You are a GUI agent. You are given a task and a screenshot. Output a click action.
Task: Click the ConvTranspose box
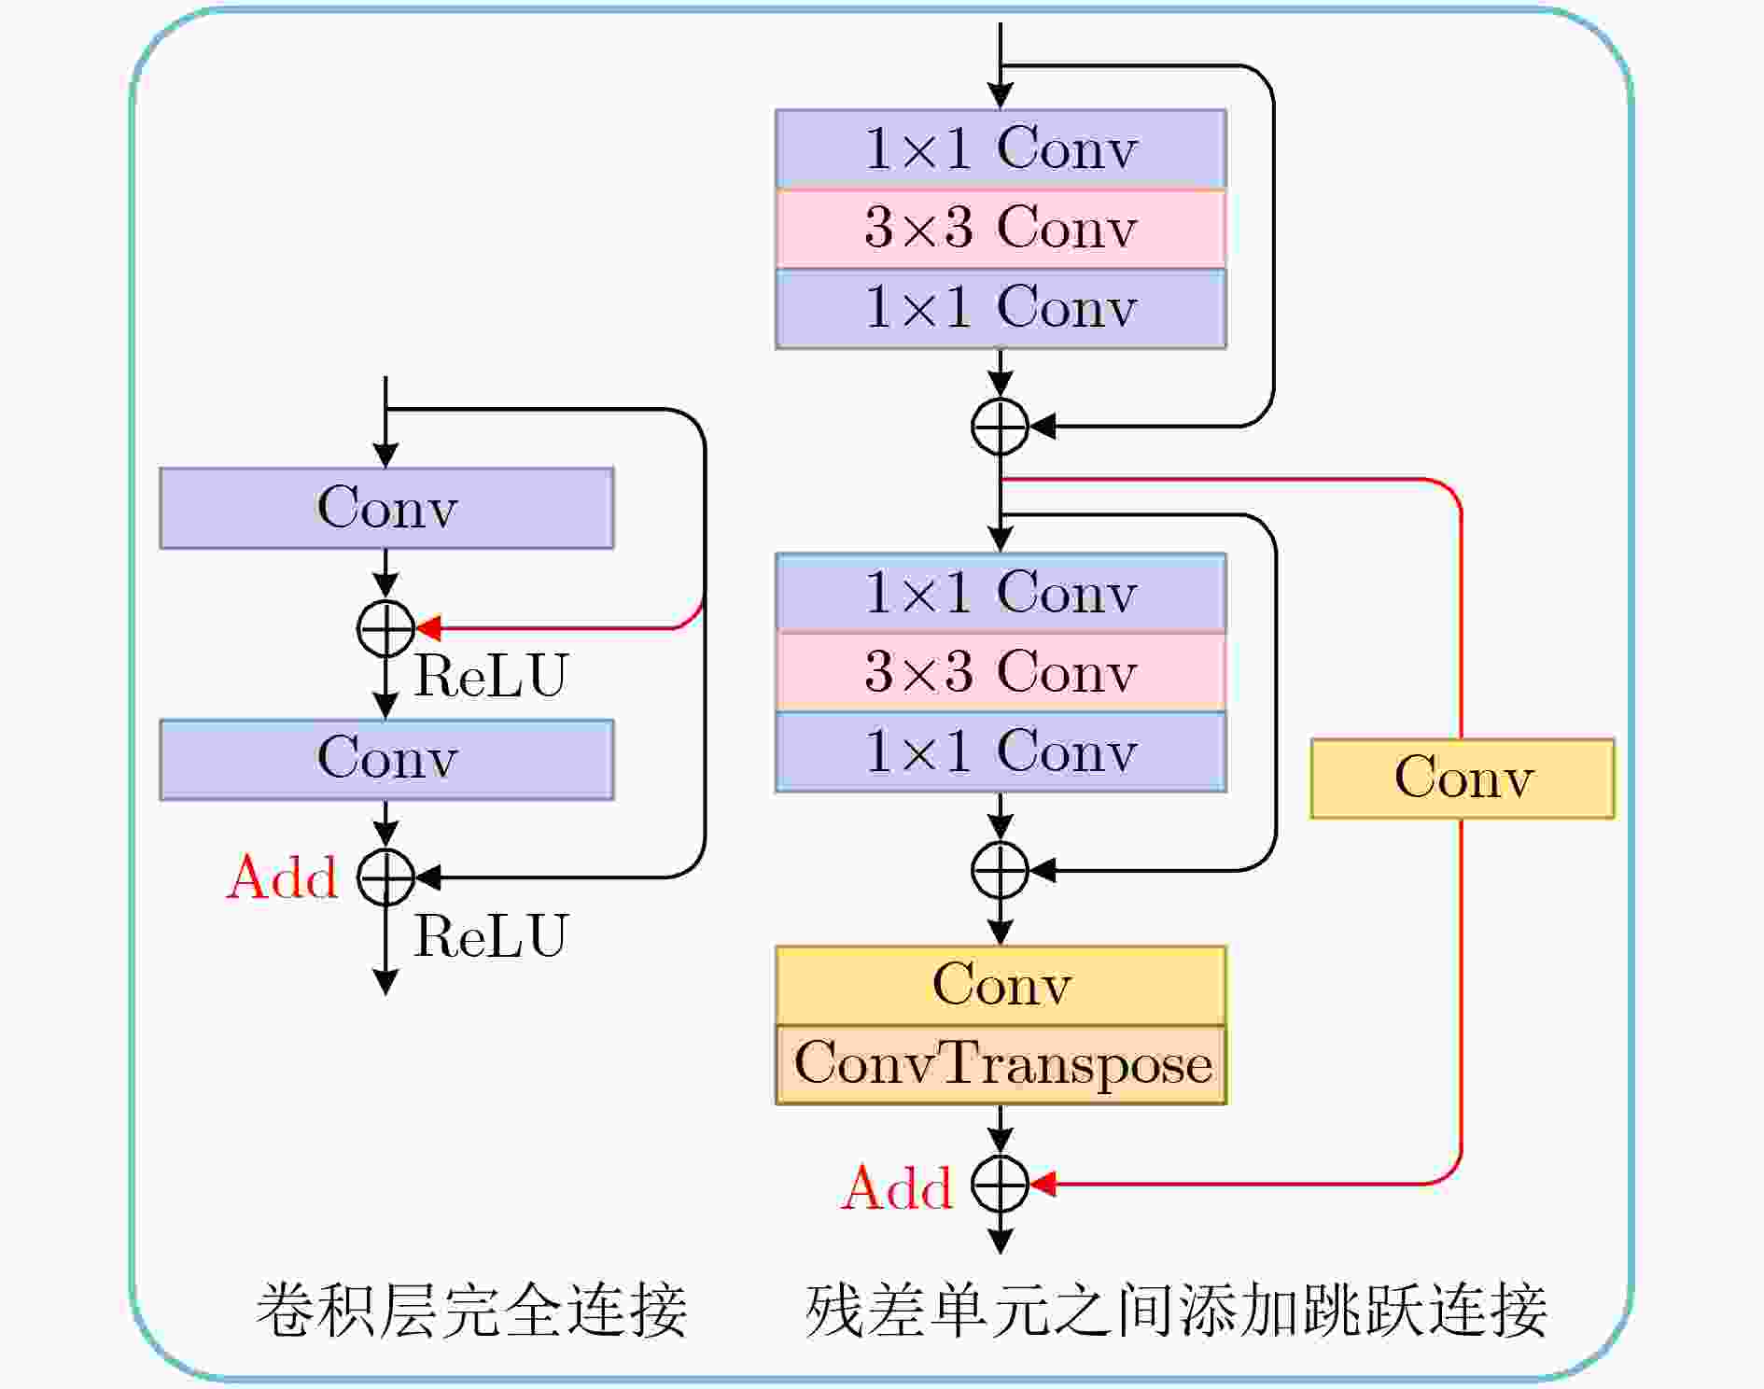[1001, 1065]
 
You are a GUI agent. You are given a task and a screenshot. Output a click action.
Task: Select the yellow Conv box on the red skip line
[1463, 779]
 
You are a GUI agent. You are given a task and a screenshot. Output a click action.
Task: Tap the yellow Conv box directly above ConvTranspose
[1001, 986]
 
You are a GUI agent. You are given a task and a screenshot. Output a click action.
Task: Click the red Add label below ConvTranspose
[897, 1187]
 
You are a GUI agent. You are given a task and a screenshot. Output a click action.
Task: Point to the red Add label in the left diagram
[282, 877]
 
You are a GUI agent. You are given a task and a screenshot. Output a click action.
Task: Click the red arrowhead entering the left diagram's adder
[428, 628]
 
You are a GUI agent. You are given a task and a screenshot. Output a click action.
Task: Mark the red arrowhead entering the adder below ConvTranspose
[1043, 1184]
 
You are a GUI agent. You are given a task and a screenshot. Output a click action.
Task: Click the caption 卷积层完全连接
[472, 1311]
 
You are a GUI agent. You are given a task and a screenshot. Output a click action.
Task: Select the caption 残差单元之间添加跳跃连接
[1176, 1311]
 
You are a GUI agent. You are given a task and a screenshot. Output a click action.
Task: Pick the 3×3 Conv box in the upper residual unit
[1001, 229]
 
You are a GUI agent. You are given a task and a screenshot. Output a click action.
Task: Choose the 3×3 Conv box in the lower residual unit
[1001, 672]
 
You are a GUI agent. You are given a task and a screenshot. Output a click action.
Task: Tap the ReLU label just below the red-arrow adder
[491, 675]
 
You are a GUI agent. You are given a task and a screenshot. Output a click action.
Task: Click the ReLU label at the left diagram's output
[491, 935]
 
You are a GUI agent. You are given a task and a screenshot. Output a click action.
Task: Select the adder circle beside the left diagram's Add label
[385, 877]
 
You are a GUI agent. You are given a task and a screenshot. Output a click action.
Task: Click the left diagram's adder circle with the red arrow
[385, 628]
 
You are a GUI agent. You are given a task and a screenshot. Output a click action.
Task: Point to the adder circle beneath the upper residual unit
[1001, 427]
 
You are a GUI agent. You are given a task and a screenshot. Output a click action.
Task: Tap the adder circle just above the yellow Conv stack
[1001, 870]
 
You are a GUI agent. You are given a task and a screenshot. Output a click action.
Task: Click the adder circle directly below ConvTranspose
[1001, 1184]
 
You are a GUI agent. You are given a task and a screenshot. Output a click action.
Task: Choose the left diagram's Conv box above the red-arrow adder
[386, 508]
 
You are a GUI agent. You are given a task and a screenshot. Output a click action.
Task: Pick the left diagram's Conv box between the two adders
[386, 759]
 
